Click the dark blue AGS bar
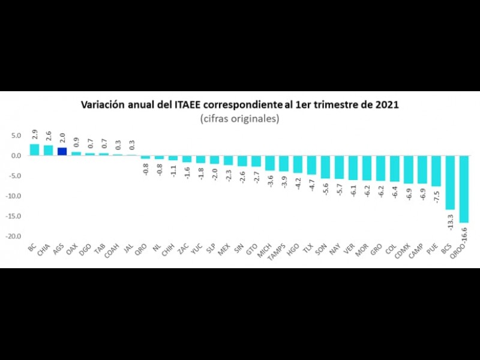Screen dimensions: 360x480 pos(62,151)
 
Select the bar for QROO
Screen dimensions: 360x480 pos(464,189)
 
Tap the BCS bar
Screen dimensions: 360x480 pos(450,182)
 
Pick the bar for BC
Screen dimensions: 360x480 pos(34,149)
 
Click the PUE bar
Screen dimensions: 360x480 pos(436,170)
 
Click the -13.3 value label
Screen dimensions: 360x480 pos(450,220)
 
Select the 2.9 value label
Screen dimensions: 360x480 pos(35,134)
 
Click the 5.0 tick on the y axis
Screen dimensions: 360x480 pos(16,136)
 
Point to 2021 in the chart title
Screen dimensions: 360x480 pos(386,104)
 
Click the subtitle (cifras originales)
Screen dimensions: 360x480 pos(239,119)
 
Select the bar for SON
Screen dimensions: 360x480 pos(324,167)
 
